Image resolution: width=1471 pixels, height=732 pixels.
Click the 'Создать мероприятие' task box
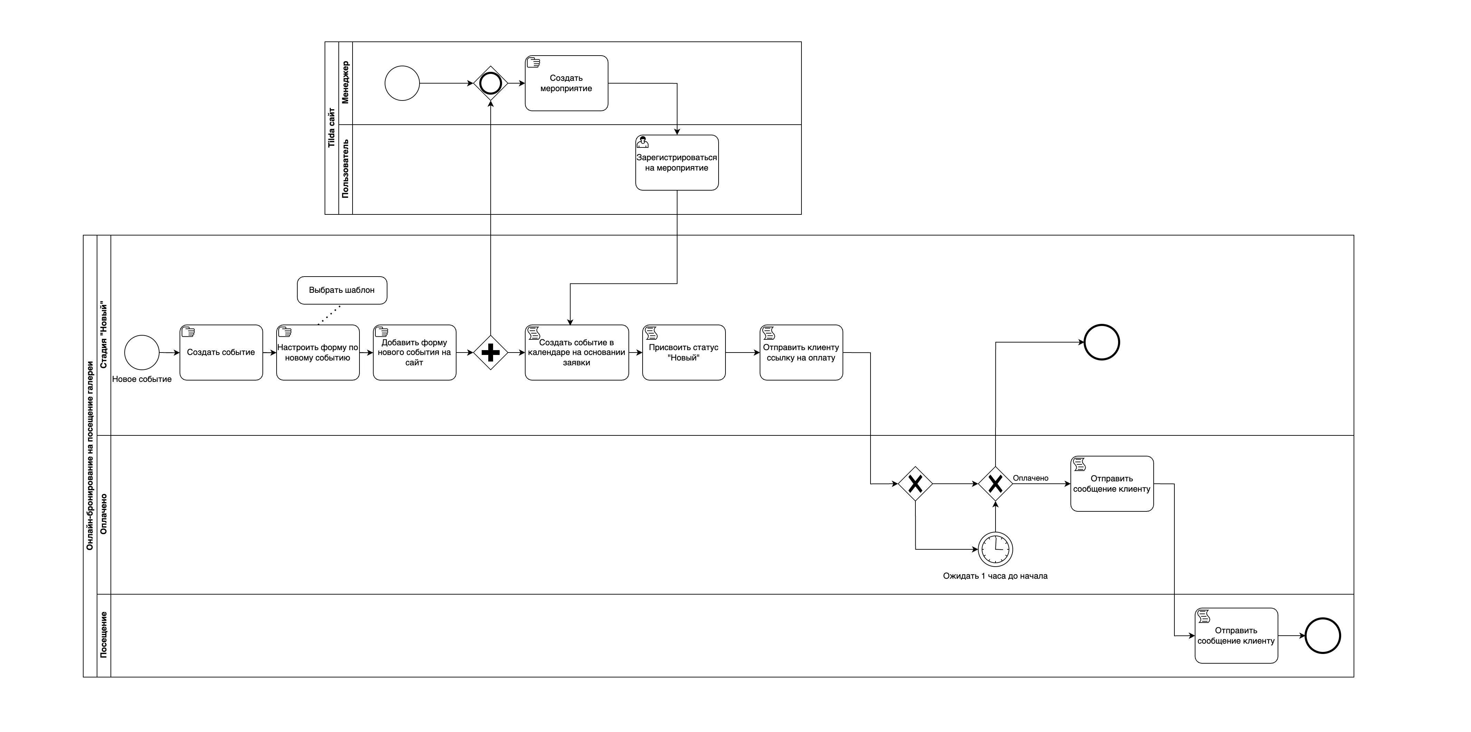566,83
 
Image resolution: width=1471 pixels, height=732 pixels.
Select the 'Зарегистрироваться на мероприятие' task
677,163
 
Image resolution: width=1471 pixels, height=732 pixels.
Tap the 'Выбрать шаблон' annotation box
342,290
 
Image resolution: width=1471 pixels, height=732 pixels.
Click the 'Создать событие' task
221,352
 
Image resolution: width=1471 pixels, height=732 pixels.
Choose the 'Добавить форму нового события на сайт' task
415,352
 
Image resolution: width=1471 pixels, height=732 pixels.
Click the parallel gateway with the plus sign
491,352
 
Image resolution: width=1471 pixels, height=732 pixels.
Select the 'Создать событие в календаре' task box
577,352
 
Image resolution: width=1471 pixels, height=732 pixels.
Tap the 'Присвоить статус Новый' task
684,352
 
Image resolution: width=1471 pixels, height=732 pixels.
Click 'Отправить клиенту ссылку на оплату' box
801,352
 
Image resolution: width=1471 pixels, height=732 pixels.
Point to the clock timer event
995,549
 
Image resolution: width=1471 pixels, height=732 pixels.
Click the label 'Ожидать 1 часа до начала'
995,576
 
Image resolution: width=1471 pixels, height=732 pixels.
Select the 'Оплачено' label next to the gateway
1031,478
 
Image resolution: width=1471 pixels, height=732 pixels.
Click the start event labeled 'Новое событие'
142,352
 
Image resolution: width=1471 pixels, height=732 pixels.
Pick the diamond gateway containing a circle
491,83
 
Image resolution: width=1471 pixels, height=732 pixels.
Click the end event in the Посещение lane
1323,636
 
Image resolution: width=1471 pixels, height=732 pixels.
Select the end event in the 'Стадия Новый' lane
1102,342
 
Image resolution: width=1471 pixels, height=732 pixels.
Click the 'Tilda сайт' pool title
331,128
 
